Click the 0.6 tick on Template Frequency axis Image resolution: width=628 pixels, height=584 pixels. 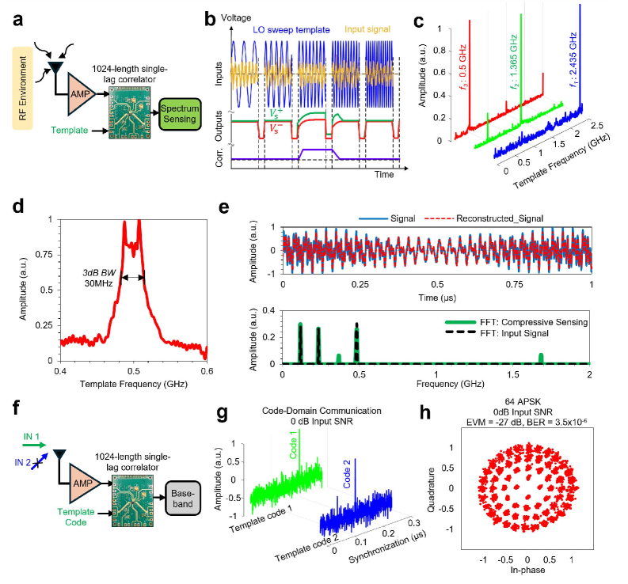pos(207,371)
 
